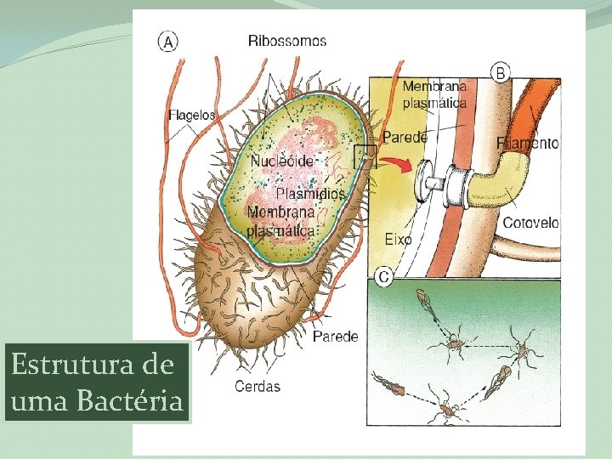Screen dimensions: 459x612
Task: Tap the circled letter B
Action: click(x=501, y=73)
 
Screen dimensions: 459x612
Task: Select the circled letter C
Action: click(x=383, y=276)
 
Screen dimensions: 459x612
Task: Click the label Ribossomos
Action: click(x=286, y=40)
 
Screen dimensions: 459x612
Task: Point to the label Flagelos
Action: click(x=192, y=114)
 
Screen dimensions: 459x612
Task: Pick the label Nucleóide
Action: click(x=282, y=161)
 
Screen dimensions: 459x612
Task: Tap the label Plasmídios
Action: click(x=312, y=194)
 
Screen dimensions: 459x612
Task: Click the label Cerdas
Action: click(x=257, y=386)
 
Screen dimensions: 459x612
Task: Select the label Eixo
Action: click(x=398, y=239)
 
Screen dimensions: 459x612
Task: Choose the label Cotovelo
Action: click(x=530, y=223)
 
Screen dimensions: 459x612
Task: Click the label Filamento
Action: click(x=528, y=144)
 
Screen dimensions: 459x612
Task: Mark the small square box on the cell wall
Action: click(x=365, y=156)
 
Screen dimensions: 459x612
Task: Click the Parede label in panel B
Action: click(x=405, y=137)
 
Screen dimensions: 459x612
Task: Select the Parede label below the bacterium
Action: click(x=335, y=337)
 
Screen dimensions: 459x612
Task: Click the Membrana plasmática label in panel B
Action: click(x=433, y=94)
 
